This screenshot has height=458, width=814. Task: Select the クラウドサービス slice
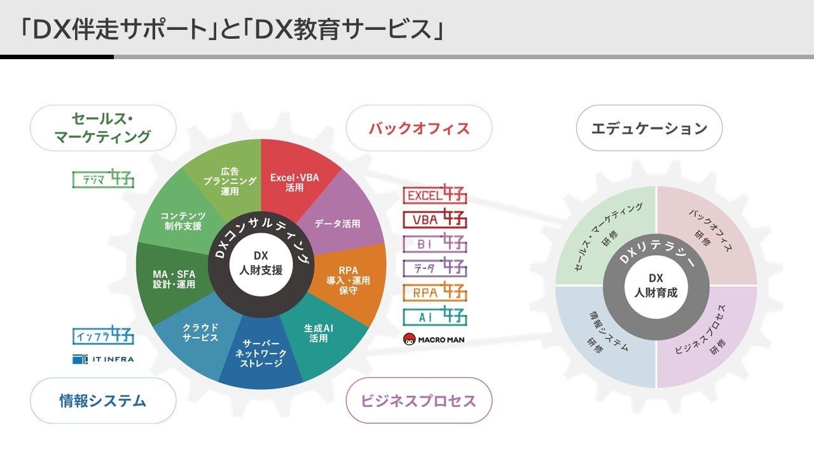pos(198,332)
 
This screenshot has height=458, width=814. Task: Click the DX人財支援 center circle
pos(261,262)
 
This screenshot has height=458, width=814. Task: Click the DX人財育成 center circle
pos(656,286)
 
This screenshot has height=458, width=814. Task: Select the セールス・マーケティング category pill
pos(103,127)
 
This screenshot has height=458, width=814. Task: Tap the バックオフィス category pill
pos(419,128)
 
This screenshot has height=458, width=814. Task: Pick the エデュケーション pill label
pos(649,128)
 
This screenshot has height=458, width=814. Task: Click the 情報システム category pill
pos(103,401)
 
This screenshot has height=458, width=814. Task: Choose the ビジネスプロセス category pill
pos(418,401)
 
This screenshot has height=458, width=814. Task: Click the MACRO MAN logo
pos(434,339)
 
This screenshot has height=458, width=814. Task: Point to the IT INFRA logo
pos(103,359)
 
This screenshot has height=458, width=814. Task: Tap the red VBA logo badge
pos(435,219)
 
